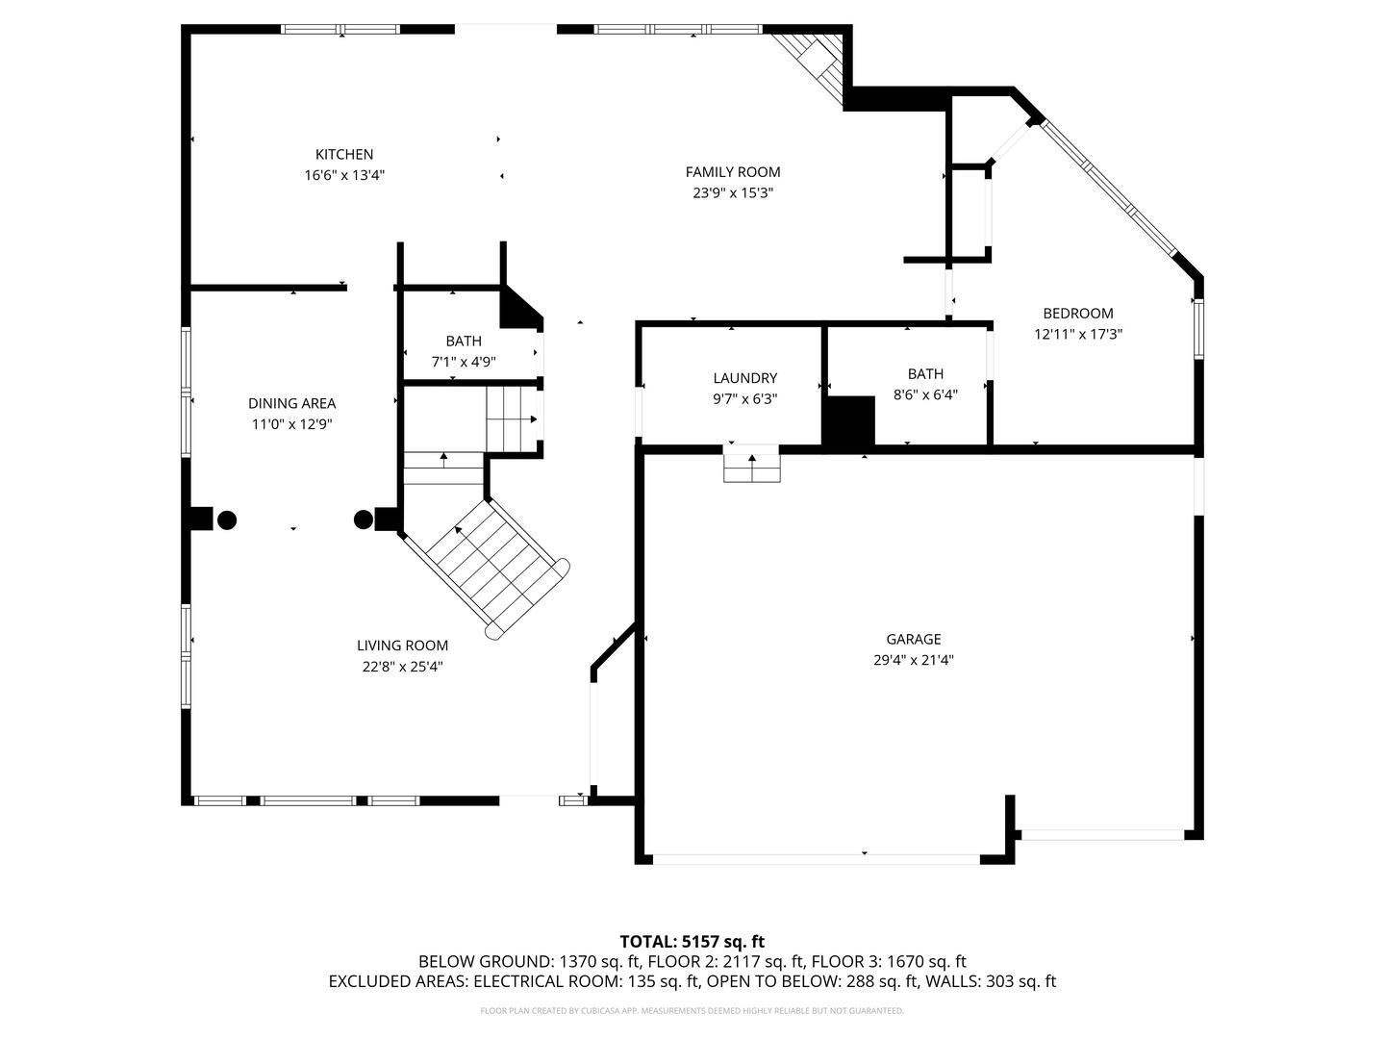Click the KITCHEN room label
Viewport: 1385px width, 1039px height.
click(344, 154)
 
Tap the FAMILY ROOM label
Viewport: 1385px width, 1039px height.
click(733, 171)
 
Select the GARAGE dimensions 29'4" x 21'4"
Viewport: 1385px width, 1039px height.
click(913, 660)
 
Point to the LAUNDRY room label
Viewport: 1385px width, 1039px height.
click(745, 378)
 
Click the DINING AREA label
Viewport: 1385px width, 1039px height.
click(291, 403)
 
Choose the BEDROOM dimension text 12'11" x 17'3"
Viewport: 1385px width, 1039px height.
click(1078, 334)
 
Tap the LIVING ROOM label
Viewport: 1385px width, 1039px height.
click(403, 646)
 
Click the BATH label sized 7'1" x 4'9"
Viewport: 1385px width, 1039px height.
click(464, 341)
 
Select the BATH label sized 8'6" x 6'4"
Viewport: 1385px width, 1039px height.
click(925, 373)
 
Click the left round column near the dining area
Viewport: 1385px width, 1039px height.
click(227, 520)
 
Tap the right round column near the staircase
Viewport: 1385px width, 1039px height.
click(364, 519)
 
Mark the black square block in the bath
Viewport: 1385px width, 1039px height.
click(850, 421)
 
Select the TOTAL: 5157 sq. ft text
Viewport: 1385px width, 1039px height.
click(692, 942)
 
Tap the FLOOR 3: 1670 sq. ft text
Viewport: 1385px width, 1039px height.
click(889, 961)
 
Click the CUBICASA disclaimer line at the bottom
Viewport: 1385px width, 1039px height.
click(692, 1010)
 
